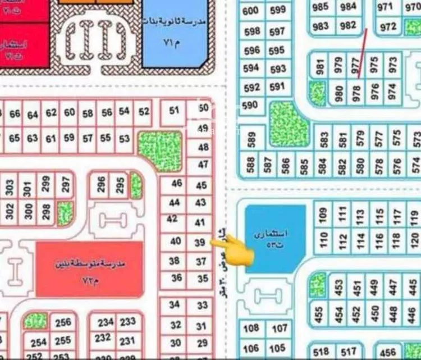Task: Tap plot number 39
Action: pyautogui.click(x=200, y=243)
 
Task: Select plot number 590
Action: pyautogui.click(x=249, y=105)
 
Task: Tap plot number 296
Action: pyautogui.click(x=101, y=185)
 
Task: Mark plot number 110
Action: pyautogui.click(x=323, y=240)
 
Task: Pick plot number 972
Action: pyautogui.click(x=388, y=27)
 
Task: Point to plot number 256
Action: pyautogui.click(x=63, y=322)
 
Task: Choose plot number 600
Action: pyautogui.click(x=250, y=11)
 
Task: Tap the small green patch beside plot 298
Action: pyautogui.click(x=65, y=213)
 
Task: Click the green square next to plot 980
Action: pyautogui.click(x=318, y=93)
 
